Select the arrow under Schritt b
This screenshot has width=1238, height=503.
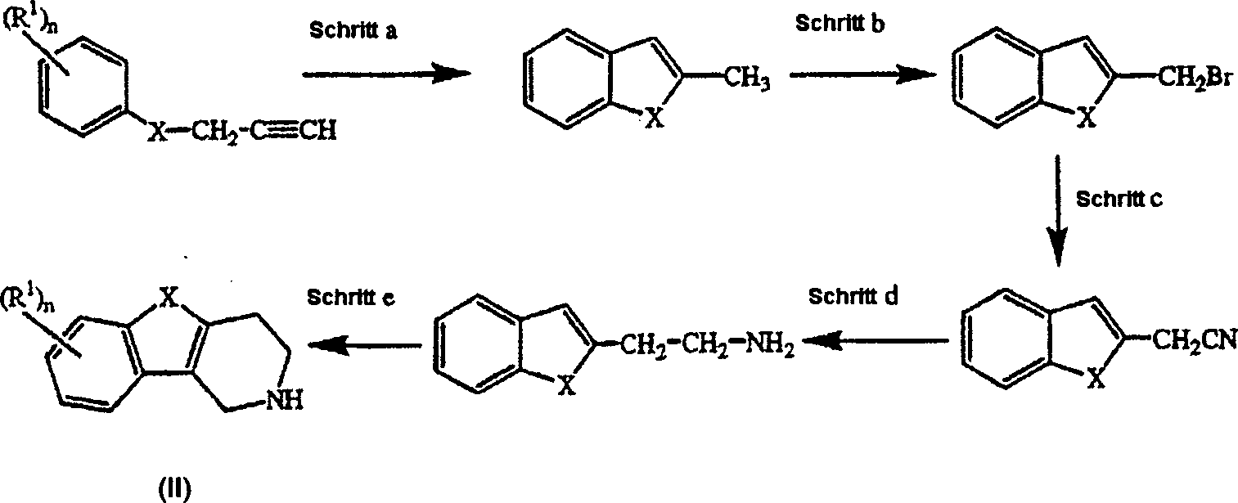(863, 75)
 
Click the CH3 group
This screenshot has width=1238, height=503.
(747, 79)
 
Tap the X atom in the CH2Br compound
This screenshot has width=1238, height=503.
(1085, 119)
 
